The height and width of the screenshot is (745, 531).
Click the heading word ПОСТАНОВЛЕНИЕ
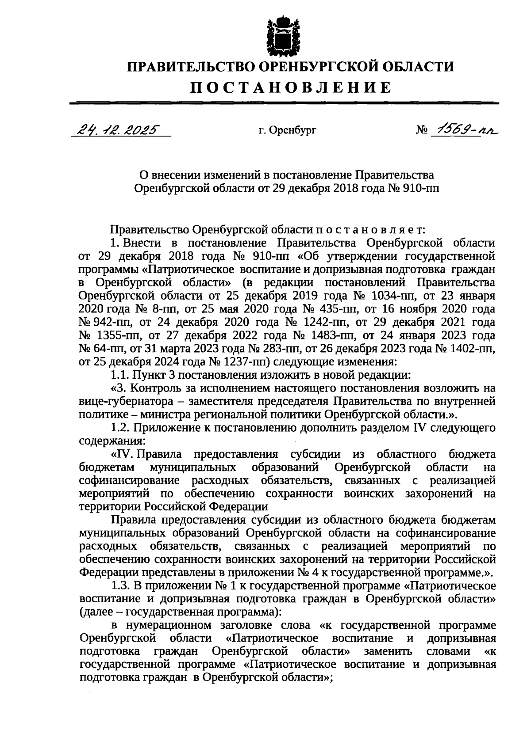tap(291, 87)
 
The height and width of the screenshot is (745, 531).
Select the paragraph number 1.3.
tap(120, 586)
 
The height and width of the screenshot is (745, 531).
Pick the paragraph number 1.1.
tap(120, 376)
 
